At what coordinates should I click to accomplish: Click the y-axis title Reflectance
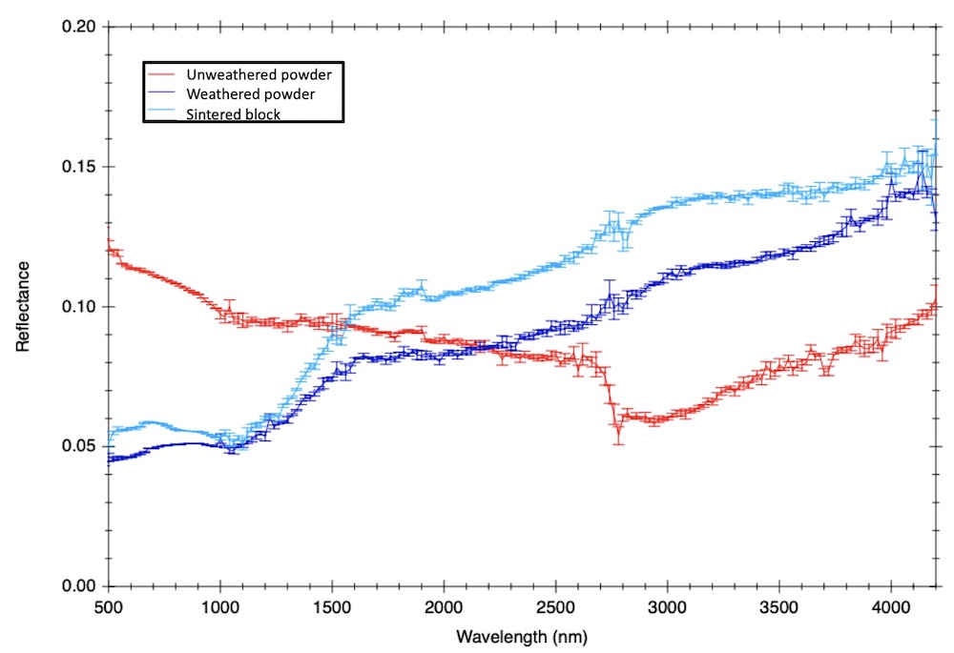pyautogui.click(x=22, y=306)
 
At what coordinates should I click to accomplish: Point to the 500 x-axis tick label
pyautogui.click(x=109, y=607)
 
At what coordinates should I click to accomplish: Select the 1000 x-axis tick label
pyautogui.click(x=220, y=607)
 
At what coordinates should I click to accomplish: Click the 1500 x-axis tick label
pyautogui.click(x=332, y=607)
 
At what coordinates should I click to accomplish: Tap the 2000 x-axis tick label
pyautogui.click(x=444, y=607)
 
